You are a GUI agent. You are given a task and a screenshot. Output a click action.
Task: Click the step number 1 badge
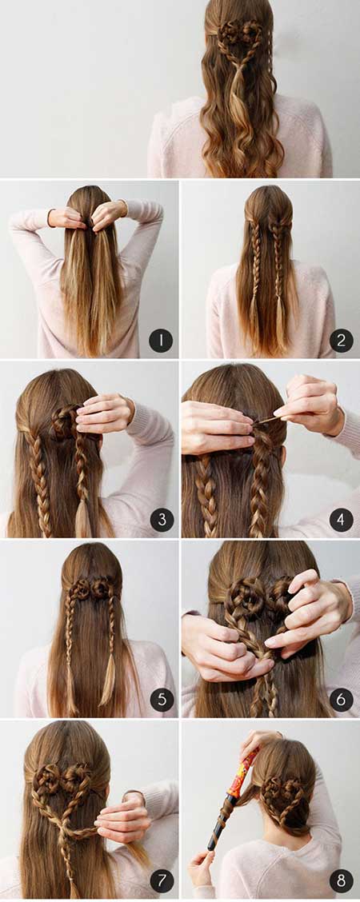click(x=161, y=341)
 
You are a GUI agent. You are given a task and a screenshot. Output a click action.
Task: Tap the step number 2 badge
click(x=342, y=341)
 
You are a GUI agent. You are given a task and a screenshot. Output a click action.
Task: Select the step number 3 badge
click(x=162, y=520)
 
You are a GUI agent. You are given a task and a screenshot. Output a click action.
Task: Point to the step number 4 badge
click(x=342, y=520)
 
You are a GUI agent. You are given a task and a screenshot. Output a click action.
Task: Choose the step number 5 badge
click(x=162, y=700)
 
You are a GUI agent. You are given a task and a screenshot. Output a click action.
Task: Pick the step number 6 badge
click(x=342, y=700)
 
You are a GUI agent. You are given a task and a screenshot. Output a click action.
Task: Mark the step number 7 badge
click(x=162, y=880)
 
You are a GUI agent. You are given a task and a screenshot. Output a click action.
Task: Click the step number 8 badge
click(x=342, y=880)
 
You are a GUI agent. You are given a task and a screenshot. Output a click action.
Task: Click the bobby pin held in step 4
click(x=266, y=420)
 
